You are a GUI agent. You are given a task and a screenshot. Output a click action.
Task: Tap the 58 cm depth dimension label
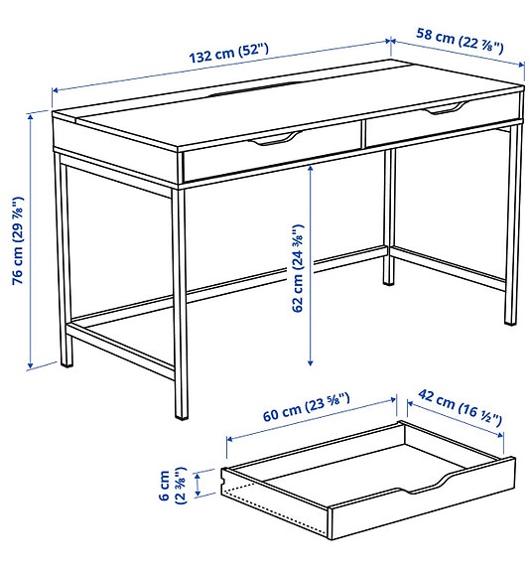click(460, 40)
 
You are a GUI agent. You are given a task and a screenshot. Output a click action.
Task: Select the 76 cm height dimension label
click(17, 240)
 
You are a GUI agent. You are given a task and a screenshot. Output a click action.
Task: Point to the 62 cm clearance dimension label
click(297, 267)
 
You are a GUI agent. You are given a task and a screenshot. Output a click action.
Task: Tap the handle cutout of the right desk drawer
click(446, 107)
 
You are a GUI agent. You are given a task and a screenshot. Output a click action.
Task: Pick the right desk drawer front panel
click(437, 124)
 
